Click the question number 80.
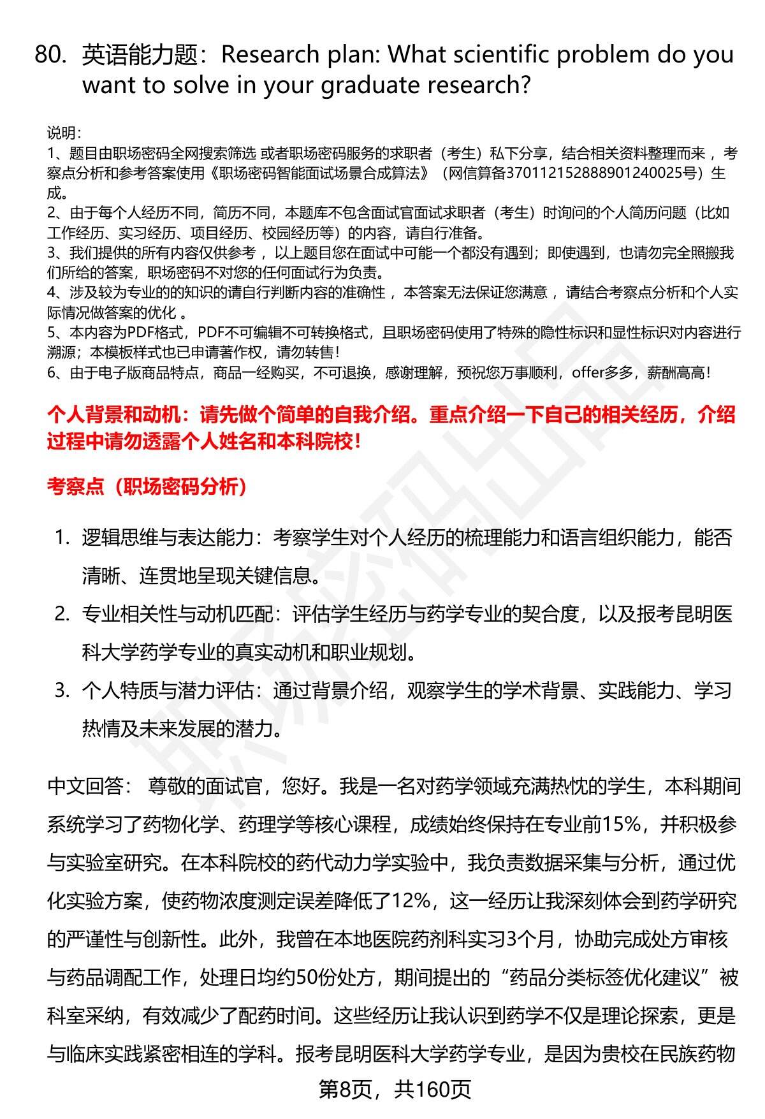(50, 55)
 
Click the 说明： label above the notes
(64, 133)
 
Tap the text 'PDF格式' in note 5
(157, 333)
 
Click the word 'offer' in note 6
(587, 372)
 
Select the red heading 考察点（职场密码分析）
(147, 488)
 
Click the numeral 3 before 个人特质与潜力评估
(61, 691)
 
